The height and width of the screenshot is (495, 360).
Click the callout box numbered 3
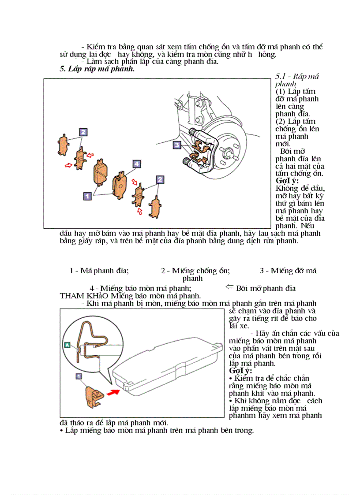[x=176, y=145]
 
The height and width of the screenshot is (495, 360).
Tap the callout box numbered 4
[x=137, y=164]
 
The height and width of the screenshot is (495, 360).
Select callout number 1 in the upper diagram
[x=87, y=194]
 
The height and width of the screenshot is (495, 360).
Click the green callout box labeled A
[x=67, y=345]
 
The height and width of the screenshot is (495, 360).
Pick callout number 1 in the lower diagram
[x=79, y=376]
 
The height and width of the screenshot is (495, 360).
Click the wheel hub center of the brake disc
[x=228, y=154]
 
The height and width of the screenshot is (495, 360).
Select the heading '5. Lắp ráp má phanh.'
[x=97, y=69]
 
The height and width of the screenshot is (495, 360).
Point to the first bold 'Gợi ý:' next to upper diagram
[x=287, y=181]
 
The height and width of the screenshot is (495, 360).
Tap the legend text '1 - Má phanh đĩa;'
[x=99, y=271]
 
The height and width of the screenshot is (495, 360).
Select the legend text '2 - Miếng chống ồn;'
[x=195, y=271]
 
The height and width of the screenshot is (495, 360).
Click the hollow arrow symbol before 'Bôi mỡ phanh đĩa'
[x=229, y=287]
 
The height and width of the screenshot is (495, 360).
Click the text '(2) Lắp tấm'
[x=295, y=122]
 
